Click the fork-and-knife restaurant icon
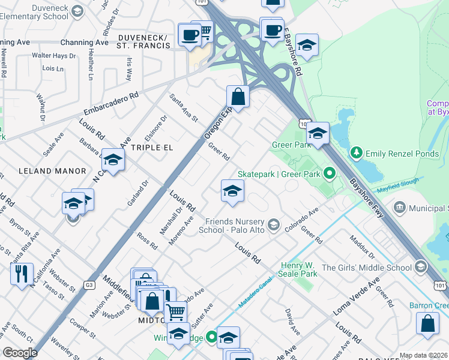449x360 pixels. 22,274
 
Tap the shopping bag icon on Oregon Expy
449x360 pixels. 238,96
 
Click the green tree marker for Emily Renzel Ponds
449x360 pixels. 357,153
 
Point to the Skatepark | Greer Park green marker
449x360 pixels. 329,174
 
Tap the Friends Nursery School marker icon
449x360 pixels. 274,224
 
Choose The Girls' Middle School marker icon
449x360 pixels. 420,267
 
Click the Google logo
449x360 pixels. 20,353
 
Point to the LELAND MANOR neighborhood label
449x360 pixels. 52,171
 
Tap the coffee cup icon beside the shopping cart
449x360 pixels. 190,34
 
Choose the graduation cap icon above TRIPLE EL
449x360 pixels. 112,160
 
